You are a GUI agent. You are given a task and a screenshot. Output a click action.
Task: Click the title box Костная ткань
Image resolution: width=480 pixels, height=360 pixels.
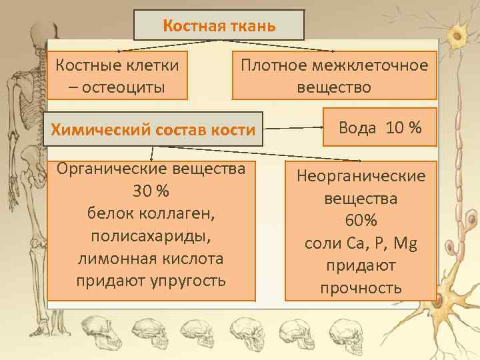tap(219, 27)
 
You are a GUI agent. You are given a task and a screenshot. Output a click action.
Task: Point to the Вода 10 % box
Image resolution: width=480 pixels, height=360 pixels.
tap(380, 127)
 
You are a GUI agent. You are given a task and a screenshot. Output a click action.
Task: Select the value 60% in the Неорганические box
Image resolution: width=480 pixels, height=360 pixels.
tap(361, 221)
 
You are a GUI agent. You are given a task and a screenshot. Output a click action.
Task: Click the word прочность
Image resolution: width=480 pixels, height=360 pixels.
tap(361, 288)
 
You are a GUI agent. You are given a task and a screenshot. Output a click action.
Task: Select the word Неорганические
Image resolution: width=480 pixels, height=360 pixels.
tap(361, 176)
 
